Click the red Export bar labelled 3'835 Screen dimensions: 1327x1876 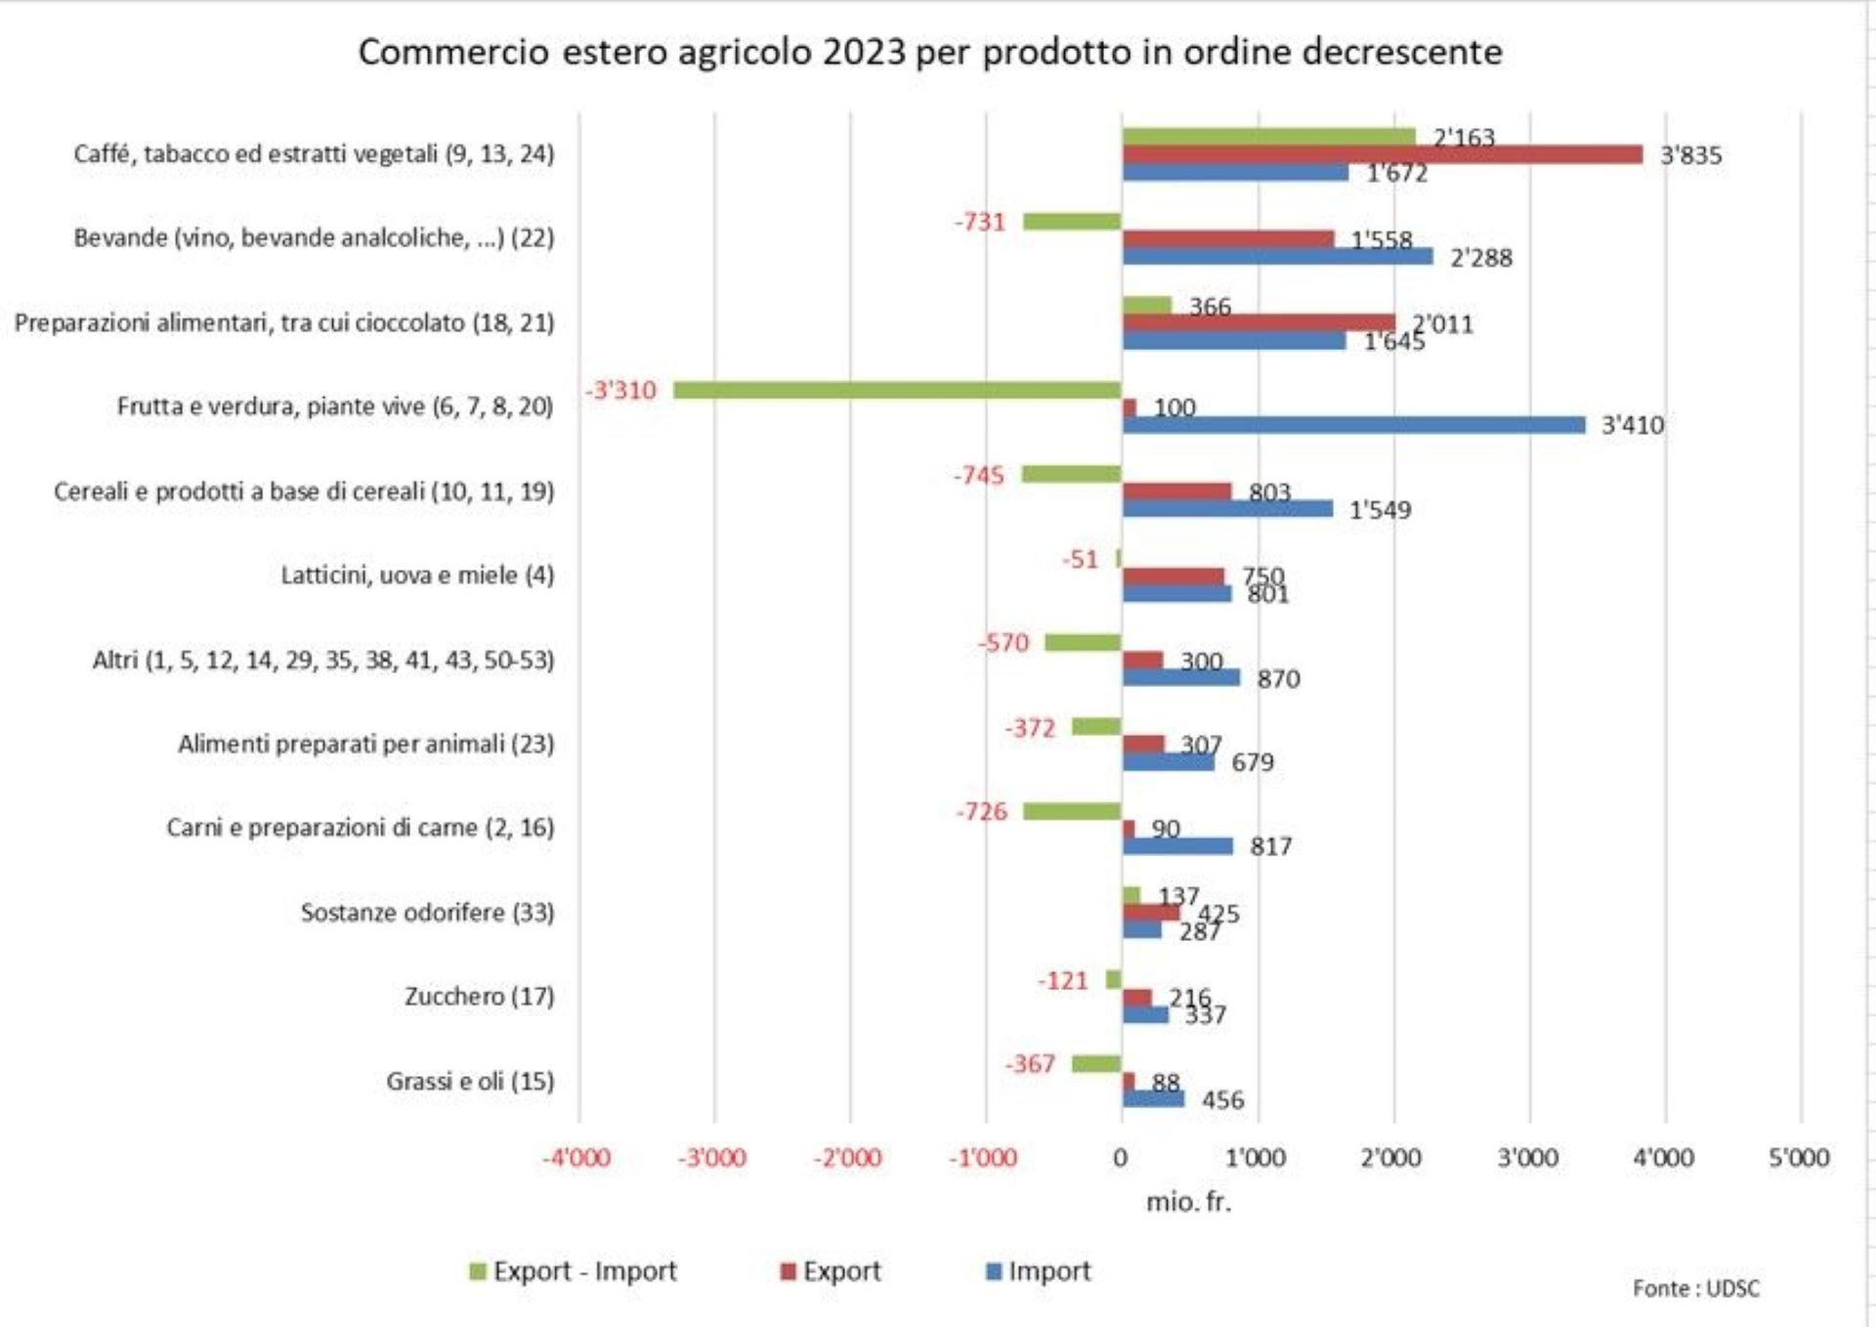coord(1382,154)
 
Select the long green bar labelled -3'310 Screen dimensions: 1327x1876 coord(897,390)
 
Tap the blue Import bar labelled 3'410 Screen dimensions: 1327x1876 coord(1353,425)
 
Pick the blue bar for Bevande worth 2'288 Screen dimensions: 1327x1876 coord(1277,256)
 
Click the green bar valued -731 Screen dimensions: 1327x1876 coord(1071,222)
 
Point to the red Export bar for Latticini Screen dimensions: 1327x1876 coord(1172,577)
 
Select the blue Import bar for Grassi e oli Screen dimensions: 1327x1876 coord(1153,1099)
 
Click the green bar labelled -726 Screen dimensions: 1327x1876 coord(1071,811)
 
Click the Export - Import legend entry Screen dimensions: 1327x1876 coord(574,1271)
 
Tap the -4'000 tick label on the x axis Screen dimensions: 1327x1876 coord(576,1158)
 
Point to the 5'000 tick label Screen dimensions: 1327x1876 coord(1799,1158)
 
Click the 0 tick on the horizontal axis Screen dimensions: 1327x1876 coord(1121,1158)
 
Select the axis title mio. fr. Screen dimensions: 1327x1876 coord(1188,1202)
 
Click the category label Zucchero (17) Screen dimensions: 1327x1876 coord(479,997)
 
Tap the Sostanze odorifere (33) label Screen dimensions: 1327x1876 coord(427,913)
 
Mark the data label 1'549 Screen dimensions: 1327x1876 coord(1380,510)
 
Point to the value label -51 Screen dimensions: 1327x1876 coord(1080,560)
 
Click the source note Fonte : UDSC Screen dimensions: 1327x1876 coord(1695,1289)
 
